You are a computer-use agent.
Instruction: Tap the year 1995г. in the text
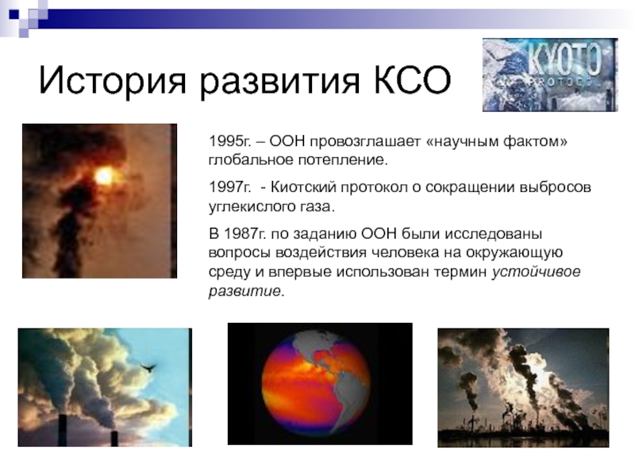pyautogui.click(x=229, y=141)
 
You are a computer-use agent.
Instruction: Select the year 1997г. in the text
pyautogui.click(x=229, y=187)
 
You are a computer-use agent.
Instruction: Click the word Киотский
pyautogui.click(x=303, y=187)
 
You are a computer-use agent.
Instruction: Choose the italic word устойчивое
pyautogui.click(x=537, y=272)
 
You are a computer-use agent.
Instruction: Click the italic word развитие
pyautogui.click(x=247, y=291)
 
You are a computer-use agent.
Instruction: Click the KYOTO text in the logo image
pyautogui.click(x=564, y=62)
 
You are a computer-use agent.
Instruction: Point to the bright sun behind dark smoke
pyautogui.click(x=104, y=176)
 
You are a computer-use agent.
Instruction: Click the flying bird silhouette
pyautogui.click(x=148, y=367)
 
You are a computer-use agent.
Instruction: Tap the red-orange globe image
pyautogui.click(x=316, y=384)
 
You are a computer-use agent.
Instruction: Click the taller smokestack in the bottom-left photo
pyautogui.click(x=63, y=430)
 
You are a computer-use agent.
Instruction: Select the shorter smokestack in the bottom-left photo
pyautogui.click(x=114, y=439)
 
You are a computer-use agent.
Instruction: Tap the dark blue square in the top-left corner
pyautogui.click(x=14, y=14)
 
